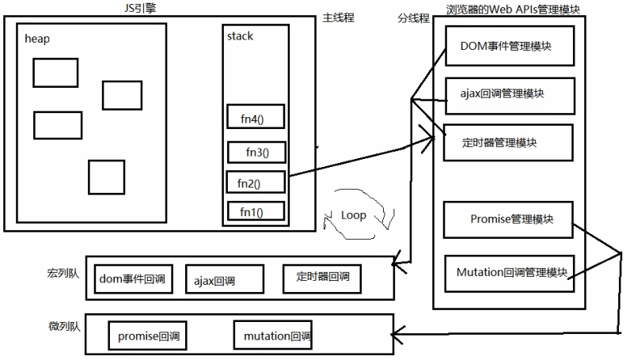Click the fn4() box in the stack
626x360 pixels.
(x=255, y=119)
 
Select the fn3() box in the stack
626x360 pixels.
(x=256, y=153)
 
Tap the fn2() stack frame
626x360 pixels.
(x=255, y=183)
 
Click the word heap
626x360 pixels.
(x=37, y=38)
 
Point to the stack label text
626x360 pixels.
(x=240, y=36)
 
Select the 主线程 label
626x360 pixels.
(x=338, y=17)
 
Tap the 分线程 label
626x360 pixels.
(x=412, y=17)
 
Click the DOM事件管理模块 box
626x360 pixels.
(x=506, y=47)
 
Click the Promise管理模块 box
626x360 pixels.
(x=506, y=220)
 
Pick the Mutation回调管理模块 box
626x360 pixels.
(x=511, y=273)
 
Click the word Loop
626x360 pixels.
(x=353, y=215)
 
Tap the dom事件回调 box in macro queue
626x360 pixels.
(x=133, y=279)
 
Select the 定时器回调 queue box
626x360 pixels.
(x=322, y=278)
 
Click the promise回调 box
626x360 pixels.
(x=147, y=336)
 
